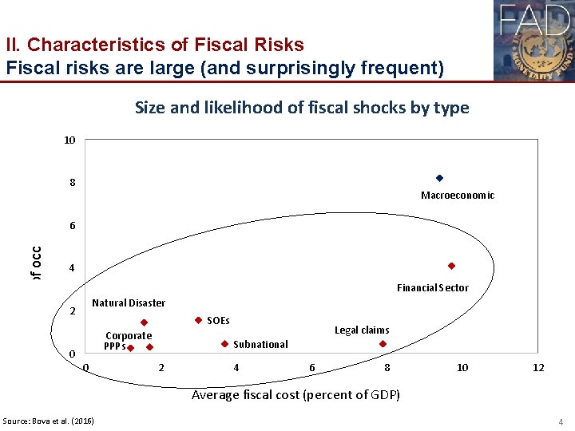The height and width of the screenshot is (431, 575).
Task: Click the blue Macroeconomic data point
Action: click(439, 177)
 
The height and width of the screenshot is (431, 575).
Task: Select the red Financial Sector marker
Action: click(451, 266)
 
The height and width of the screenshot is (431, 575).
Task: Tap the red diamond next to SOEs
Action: click(198, 320)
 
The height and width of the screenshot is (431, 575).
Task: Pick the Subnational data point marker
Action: click(224, 344)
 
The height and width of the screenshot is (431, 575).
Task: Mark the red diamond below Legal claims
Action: click(383, 344)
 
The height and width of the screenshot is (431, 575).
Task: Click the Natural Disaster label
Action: click(129, 302)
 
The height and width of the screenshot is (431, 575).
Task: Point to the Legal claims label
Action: click(362, 330)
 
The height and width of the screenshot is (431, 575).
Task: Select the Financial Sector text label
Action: click(433, 287)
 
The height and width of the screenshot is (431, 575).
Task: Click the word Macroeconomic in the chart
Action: click(458, 196)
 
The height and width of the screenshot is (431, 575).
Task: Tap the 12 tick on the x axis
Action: click(538, 367)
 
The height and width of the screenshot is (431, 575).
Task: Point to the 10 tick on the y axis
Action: click(69, 140)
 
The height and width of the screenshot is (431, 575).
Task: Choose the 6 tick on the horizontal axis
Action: click(311, 367)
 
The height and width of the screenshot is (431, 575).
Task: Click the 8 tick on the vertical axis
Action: click(72, 183)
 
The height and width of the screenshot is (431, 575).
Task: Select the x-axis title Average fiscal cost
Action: click(295, 395)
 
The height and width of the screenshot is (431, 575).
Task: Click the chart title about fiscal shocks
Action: click(302, 107)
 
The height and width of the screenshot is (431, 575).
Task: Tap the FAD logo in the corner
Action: click(533, 40)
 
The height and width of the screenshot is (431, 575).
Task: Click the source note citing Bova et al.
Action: click(48, 421)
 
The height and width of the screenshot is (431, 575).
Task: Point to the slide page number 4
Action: click(561, 421)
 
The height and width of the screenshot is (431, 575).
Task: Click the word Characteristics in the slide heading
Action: click(90, 45)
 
